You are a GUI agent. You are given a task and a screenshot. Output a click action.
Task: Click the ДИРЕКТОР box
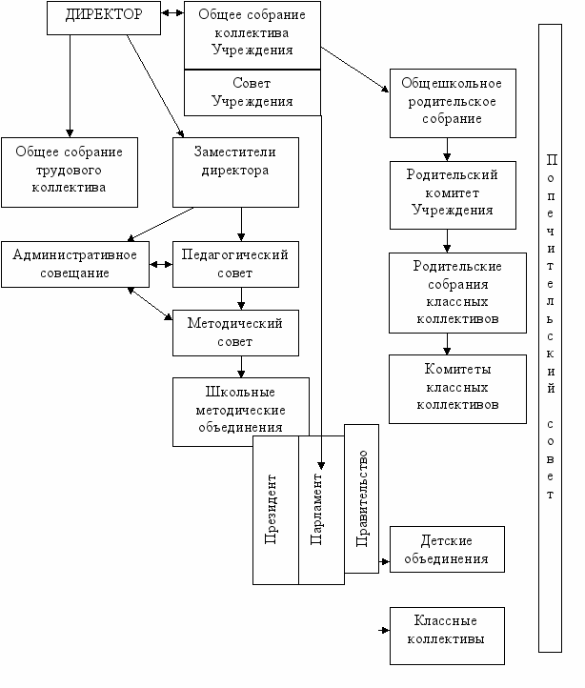point(104,18)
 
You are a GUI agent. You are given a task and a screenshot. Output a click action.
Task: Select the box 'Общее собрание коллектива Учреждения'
point(252,35)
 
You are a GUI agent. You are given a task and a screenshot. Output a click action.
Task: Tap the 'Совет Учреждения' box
point(252,92)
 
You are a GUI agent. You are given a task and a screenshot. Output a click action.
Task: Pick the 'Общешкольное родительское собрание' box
point(453,103)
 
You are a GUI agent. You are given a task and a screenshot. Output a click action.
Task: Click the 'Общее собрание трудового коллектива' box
point(70,172)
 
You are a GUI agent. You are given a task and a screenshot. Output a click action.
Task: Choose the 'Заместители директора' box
point(235,172)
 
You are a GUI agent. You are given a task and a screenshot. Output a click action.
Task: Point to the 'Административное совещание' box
point(75,264)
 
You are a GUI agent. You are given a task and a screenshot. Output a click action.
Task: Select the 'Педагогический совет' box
point(235,264)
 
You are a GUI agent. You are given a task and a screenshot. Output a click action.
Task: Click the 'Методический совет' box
point(235,333)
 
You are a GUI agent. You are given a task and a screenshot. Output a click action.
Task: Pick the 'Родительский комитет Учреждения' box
point(453,195)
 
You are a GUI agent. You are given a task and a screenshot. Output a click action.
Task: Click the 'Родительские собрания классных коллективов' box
point(457,293)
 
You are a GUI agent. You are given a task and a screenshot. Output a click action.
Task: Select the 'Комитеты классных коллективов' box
point(457,389)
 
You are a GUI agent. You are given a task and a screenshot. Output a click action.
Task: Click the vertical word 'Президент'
point(271,510)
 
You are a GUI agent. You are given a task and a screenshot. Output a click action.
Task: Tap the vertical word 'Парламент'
point(316,509)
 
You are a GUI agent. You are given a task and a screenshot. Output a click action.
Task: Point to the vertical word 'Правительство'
point(362,498)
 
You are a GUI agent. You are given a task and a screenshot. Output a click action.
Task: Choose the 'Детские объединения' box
point(447,549)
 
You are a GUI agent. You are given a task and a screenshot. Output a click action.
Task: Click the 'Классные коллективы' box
point(447,636)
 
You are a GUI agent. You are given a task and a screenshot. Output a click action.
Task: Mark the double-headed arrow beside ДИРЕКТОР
point(172,13)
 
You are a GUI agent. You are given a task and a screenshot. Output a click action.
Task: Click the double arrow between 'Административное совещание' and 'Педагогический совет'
point(161,265)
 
